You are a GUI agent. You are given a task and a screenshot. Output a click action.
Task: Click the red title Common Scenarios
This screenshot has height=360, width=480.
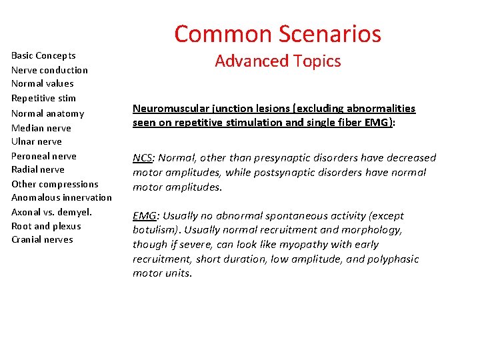pos(277,34)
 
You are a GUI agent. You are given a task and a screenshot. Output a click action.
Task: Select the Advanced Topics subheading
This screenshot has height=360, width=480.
pos(277,61)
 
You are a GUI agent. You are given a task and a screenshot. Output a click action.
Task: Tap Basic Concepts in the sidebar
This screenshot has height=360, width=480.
pos(43,55)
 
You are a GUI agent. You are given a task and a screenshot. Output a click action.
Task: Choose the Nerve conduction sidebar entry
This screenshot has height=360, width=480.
pos(49,70)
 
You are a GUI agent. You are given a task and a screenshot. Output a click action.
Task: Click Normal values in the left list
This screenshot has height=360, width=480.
pos(42,83)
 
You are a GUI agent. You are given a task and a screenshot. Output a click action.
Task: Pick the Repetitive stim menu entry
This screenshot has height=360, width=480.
pos(43,98)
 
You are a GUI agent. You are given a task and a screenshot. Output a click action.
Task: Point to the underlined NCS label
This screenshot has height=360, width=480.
pos(142,158)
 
